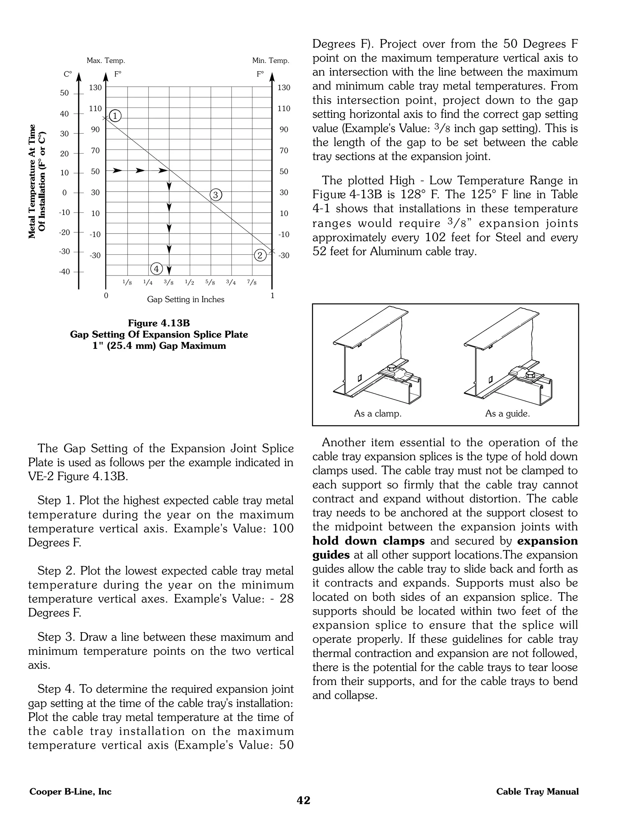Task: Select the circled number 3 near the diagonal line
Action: coord(216,195)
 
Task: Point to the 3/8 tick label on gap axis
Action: coord(169,282)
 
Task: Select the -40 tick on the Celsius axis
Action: coord(64,272)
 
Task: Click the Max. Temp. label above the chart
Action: coord(106,60)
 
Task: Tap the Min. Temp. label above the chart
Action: coord(270,60)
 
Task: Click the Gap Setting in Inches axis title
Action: coord(185,299)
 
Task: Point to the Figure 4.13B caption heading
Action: coord(159,323)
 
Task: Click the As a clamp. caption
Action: coord(378,414)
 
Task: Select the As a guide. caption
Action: coord(507,414)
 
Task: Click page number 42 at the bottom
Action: coord(304,800)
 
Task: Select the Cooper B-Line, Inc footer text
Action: coord(70,792)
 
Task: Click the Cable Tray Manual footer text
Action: coord(537,792)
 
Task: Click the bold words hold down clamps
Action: coord(368,541)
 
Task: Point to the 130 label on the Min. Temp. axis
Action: coord(284,88)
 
